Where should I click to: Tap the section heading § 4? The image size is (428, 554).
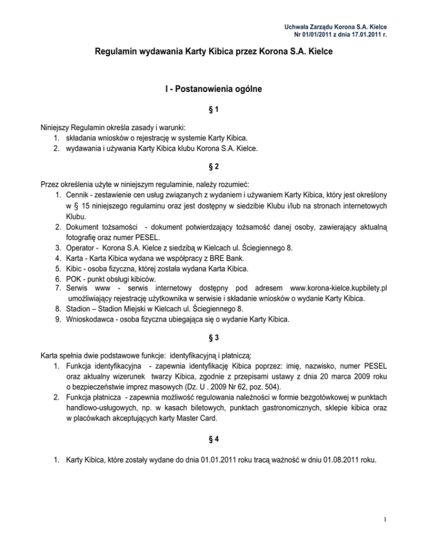[213, 439]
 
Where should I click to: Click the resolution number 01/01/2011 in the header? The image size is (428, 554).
[318, 34]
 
